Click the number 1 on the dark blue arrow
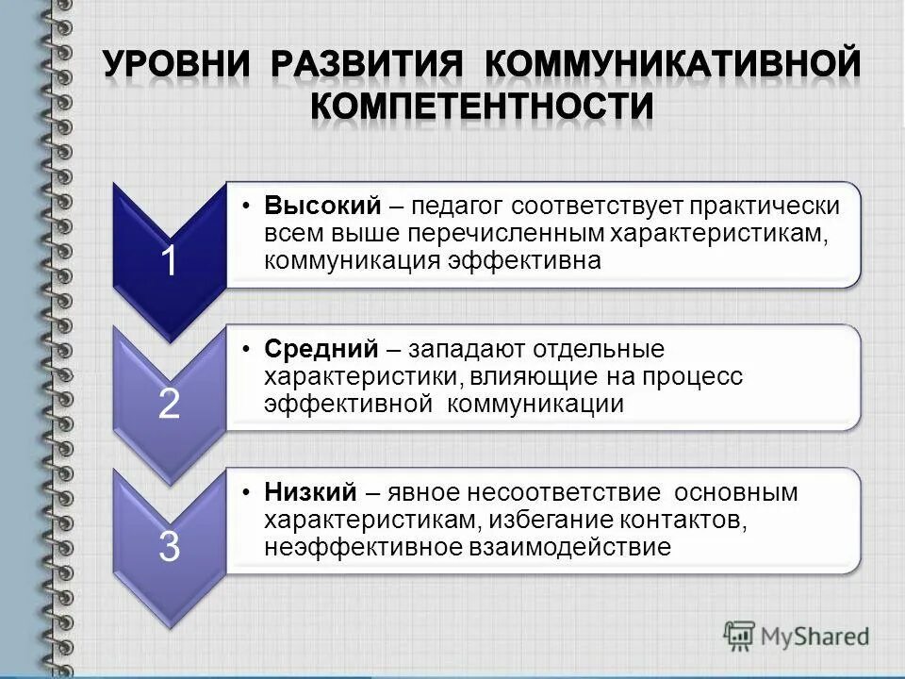[x=168, y=261]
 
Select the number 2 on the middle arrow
[x=168, y=404]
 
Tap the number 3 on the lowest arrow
[x=168, y=546]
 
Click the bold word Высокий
[x=321, y=206]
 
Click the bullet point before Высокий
[x=245, y=206]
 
